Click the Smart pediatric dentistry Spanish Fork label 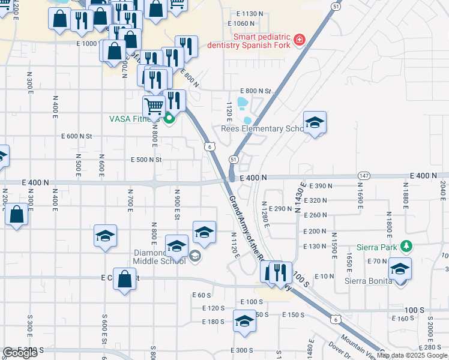tap(249, 41)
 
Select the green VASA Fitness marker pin tap(169, 119)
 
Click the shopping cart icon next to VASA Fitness tap(154, 106)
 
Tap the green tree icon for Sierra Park tap(406, 245)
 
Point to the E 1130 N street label tap(250, 13)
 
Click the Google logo tap(20, 353)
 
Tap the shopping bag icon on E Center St tap(124, 279)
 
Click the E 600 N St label tap(77, 136)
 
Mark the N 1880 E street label tap(406, 197)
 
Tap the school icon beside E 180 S tap(244, 321)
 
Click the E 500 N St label tap(147, 160)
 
